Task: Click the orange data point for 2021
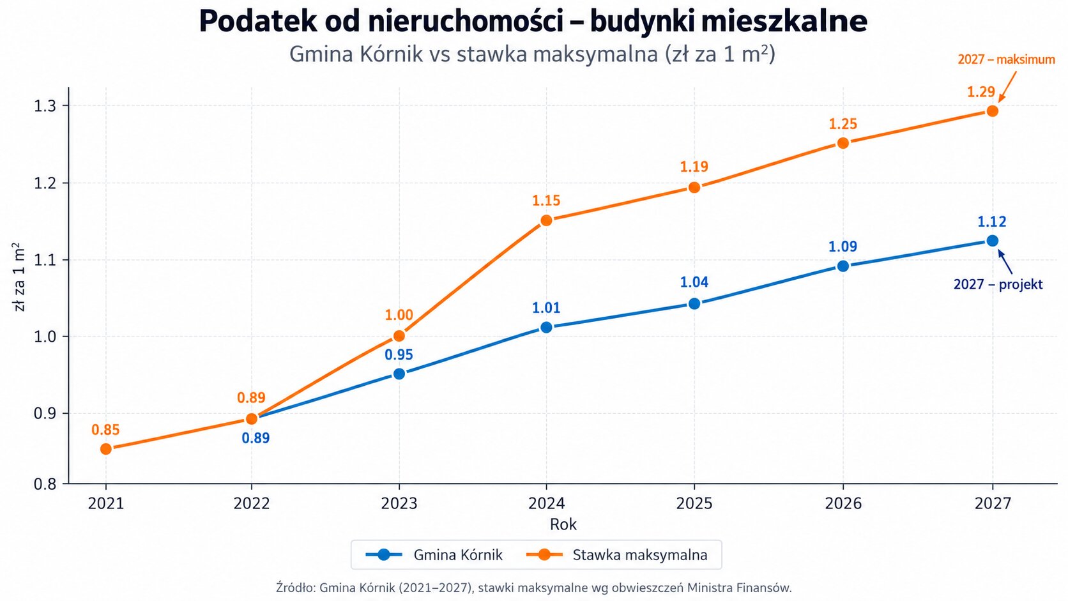point(106,449)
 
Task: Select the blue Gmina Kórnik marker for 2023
point(399,374)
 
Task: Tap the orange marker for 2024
point(546,220)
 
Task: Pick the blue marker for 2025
point(694,303)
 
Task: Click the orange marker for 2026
point(843,143)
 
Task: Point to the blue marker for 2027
point(992,241)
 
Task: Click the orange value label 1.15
point(546,201)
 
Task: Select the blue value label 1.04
point(694,282)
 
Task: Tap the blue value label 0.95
point(399,354)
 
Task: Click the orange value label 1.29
point(980,91)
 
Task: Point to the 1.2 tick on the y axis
point(45,183)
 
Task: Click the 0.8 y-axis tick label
point(45,484)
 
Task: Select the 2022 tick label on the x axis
point(251,504)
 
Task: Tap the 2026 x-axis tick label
point(843,504)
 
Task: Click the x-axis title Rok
point(563,524)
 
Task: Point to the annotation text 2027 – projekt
point(998,285)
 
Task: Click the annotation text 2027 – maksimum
point(1007,59)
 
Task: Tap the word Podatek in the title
point(257,21)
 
